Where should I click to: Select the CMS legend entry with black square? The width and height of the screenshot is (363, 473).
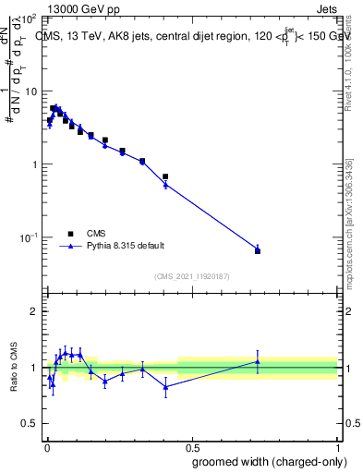point(94,234)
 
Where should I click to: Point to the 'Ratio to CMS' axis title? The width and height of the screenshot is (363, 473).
point(15,368)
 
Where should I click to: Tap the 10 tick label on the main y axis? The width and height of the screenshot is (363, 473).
point(30,91)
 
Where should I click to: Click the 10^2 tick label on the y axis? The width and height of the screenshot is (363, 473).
point(28,18)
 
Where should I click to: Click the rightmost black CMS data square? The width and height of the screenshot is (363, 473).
point(258,251)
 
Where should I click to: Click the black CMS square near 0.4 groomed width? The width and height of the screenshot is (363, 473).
point(165,176)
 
